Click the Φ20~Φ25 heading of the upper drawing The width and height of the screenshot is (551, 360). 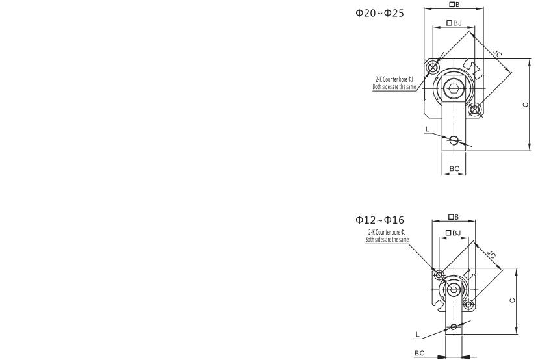tap(379, 12)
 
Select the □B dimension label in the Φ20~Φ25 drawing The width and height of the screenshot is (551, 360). tap(454, 5)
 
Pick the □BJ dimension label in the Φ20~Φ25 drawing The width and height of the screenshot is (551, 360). tap(454, 23)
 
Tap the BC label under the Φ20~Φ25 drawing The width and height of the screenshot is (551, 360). tap(454, 168)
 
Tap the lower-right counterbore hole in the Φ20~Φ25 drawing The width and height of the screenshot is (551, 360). tap(476, 109)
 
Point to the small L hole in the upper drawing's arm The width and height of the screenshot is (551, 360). tap(454, 139)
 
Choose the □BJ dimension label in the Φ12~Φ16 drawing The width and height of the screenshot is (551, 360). tap(454, 233)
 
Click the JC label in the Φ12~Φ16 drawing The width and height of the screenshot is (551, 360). tap(491, 255)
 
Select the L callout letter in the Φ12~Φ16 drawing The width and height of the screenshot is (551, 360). tap(418, 333)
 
